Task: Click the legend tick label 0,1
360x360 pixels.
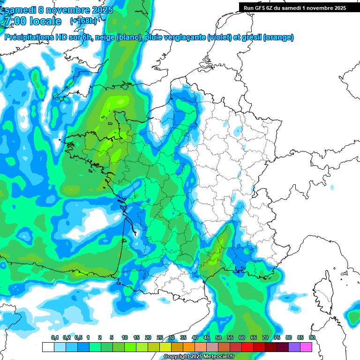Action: (x=54, y=337)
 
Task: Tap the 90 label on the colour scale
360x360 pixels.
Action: (x=312, y=337)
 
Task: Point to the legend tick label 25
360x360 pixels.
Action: (x=160, y=337)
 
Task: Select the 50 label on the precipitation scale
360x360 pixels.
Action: (x=218, y=337)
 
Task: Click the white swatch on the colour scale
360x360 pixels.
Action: (x=48, y=347)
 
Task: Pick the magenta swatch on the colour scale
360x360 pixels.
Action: (x=306, y=347)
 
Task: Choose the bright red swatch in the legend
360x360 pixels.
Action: (x=247, y=347)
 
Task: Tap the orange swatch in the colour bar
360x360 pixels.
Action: (x=189, y=347)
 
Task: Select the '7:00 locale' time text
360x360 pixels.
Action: (x=32, y=22)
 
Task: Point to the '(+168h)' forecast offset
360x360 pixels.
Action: (x=84, y=22)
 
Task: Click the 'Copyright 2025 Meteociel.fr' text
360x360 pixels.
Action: (x=199, y=357)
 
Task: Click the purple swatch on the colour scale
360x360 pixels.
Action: (x=294, y=347)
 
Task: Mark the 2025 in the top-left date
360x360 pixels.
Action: (x=100, y=10)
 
